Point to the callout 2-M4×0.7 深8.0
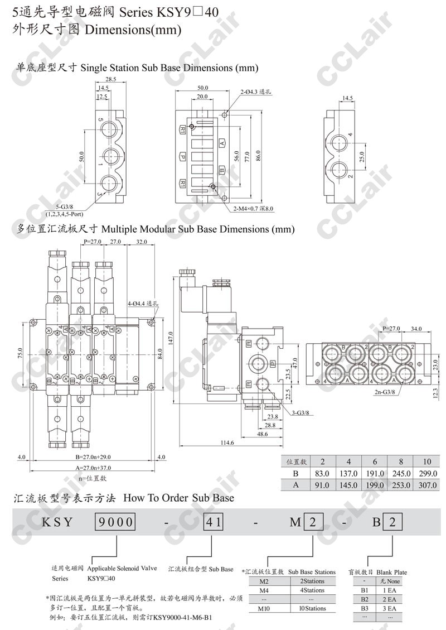(254, 209)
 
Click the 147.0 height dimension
(171, 337)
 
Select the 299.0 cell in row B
(428, 473)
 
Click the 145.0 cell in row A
(348, 485)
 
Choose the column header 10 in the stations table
(428, 461)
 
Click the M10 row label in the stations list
(265, 608)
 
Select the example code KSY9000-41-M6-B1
(183, 618)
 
